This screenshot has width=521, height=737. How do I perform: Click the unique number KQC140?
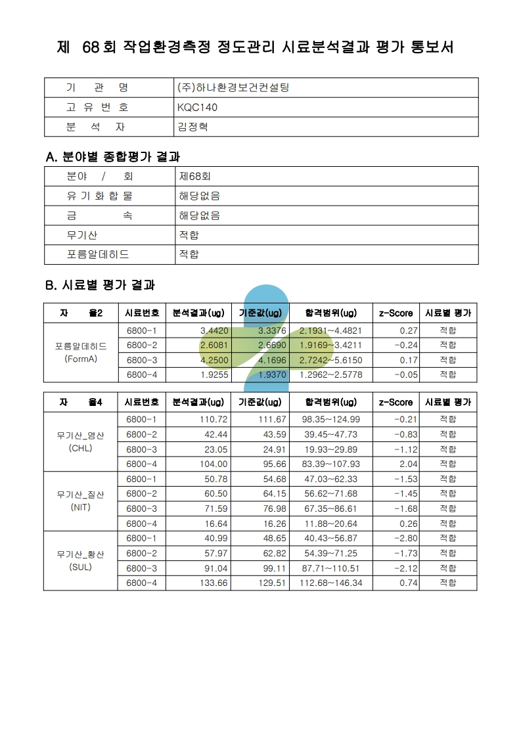pyautogui.click(x=197, y=107)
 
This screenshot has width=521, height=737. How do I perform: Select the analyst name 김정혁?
pyautogui.click(x=193, y=127)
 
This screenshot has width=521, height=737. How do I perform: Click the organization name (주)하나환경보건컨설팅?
pyautogui.click(x=233, y=87)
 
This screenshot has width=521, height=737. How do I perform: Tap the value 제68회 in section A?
pyautogui.click(x=194, y=176)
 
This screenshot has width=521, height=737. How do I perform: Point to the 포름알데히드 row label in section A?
pyautogui.click(x=98, y=254)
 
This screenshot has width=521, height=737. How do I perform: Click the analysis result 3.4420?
pyautogui.click(x=214, y=330)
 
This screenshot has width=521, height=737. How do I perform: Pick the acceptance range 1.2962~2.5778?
pyautogui.click(x=330, y=375)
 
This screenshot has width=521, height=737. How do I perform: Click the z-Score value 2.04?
pyautogui.click(x=407, y=464)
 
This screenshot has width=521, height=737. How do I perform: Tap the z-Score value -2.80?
pyautogui.click(x=405, y=538)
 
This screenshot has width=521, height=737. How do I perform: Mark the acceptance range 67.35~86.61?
pyautogui.click(x=330, y=508)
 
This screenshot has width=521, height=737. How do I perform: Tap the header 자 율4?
pyautogui.click(x=80, y=402)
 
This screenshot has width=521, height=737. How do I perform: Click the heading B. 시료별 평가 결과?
pyautogui.click(x=100, y=286)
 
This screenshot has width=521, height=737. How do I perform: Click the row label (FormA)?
pyautogui.click(x=81, y=359)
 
